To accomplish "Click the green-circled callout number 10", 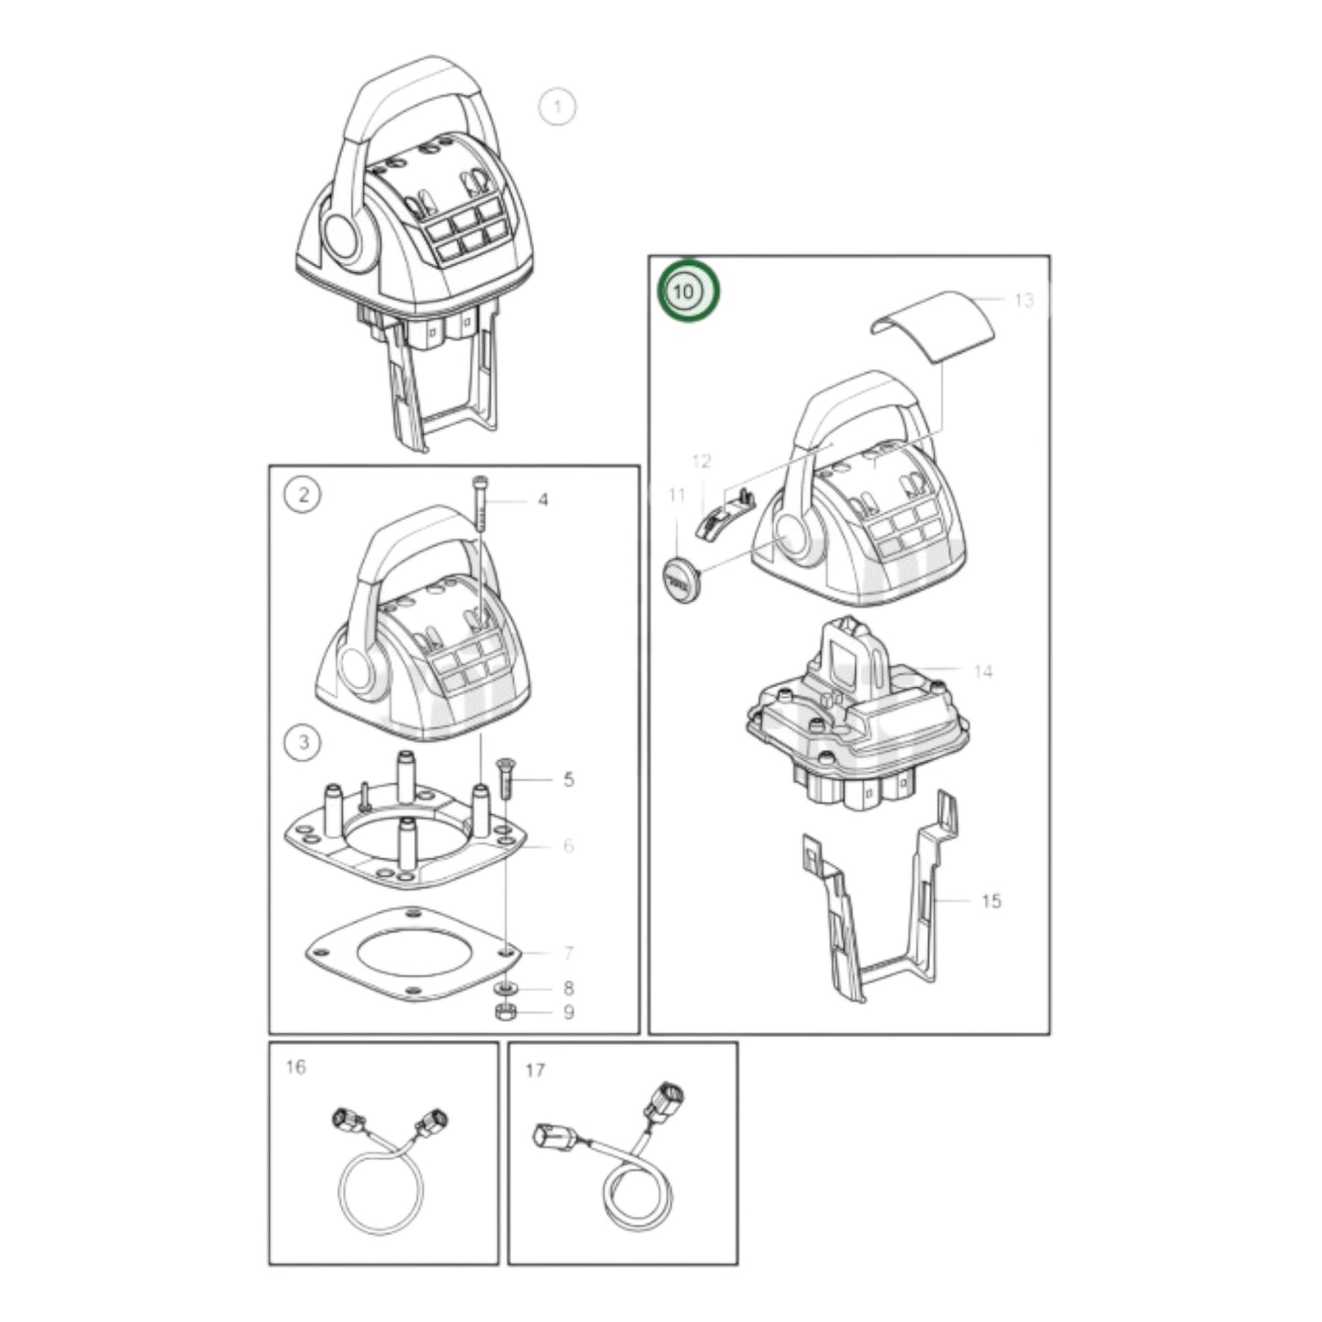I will click(691, 292).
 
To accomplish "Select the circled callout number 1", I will click(557, 107).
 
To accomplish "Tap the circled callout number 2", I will click(304, 496).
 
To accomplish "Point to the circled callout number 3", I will click(304, 742).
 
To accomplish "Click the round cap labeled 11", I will click(680, 578).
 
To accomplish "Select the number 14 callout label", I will click(983, 672).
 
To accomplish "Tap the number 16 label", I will click(296, 1067).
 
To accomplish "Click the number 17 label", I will click(535, 1069).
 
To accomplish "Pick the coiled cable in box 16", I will click(382, 1189).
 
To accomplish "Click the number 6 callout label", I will click(568, 845).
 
